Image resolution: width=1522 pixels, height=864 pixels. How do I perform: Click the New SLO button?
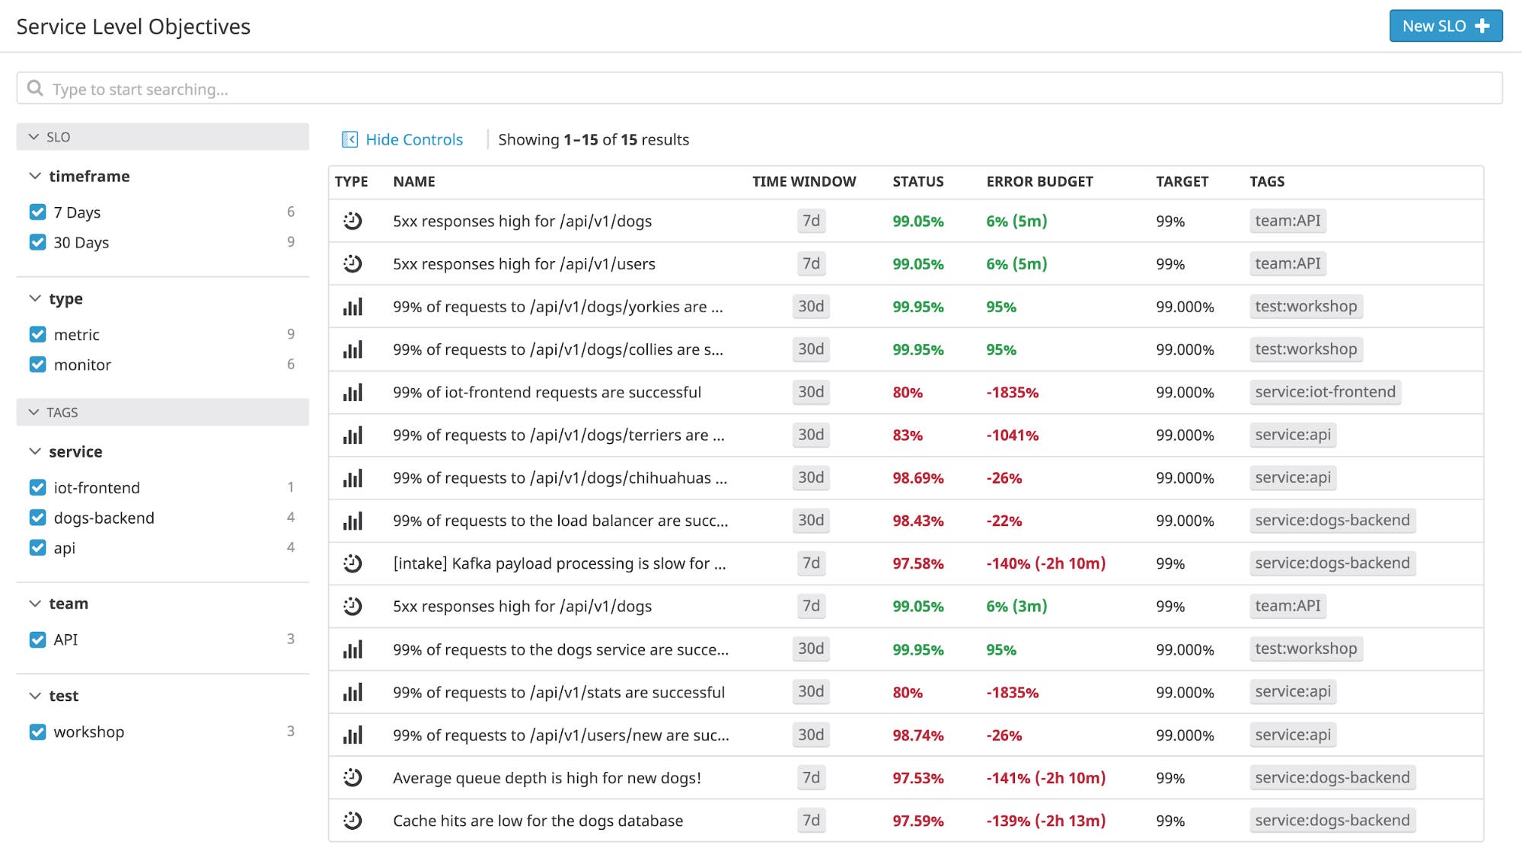pos(1444,26)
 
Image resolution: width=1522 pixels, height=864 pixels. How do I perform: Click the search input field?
pos(758,89)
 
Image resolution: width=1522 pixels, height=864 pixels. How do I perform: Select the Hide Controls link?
pos(413,139)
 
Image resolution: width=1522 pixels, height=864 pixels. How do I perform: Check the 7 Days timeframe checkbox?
pos(37,212)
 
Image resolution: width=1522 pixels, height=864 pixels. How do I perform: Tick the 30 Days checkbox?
pos(37,243)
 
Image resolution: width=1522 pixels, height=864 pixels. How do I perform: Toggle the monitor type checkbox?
pos(37,365)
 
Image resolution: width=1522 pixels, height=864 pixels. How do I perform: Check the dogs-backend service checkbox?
pos(37,518)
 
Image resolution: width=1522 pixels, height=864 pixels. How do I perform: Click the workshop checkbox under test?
pos(37,732)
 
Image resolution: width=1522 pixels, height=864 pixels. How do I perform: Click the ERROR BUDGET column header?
pos(1039,182)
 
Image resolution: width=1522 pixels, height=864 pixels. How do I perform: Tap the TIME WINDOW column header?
pos(803,182)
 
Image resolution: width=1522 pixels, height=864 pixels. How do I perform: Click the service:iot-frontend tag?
pos(1324,392)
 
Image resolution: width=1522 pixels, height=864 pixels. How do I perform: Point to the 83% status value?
pos(907,435)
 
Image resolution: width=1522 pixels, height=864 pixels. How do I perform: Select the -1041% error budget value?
pos(1012,435)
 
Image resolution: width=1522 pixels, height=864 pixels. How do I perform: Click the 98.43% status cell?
pos(917,521)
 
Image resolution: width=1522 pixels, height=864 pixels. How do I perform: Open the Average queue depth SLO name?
pos(546,778)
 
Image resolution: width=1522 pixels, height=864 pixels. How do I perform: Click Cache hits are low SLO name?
pos(537,821)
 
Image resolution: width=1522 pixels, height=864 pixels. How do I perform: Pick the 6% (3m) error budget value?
pos(1016,607)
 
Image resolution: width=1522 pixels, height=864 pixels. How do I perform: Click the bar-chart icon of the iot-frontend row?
pos(353,393)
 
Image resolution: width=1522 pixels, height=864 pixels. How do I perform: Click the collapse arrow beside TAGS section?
pos(34,412)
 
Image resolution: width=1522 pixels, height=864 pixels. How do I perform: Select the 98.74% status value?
pos(917,735)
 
